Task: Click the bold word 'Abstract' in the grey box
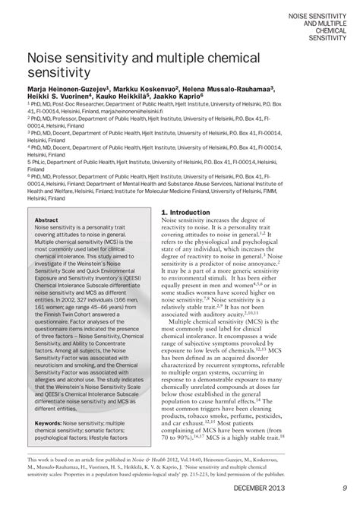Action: pos(47,220)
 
